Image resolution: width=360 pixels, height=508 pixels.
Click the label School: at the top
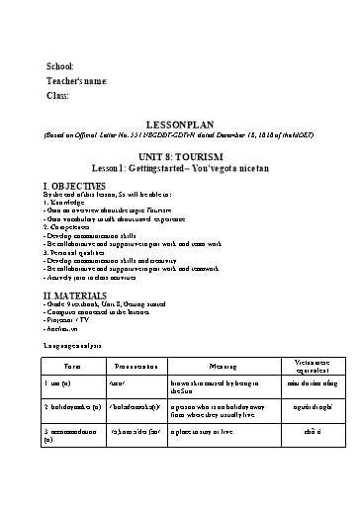point(60,65)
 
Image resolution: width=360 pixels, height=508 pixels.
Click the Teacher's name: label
point(77,80)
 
